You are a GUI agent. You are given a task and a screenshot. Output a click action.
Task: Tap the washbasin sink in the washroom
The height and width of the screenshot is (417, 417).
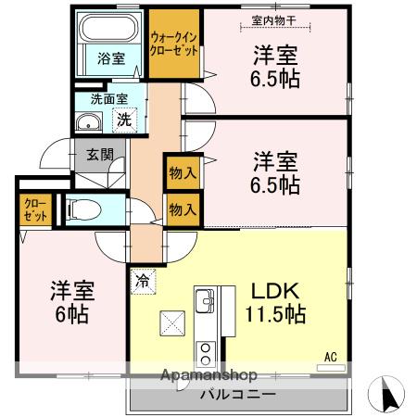pyautogui.click(x=90, y=121)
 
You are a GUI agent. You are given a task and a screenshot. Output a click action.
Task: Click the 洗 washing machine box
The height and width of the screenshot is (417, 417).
pyautogui.click(x=123, y=120)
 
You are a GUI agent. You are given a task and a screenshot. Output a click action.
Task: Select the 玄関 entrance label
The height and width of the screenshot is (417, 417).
pyautogui.click(x=101, y=155)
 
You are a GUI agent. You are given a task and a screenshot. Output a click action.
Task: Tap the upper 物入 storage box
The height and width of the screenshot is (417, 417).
pyautogui.click(x=183, y=173)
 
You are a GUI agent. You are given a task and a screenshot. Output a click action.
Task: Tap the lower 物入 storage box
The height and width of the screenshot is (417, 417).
pyautogui.click(x=183, y=209)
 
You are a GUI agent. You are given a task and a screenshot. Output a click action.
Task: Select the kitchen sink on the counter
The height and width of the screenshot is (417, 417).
pyautogui.click(x=205, y=301)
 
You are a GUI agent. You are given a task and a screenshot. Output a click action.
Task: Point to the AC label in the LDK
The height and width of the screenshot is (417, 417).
pyautogui.click(x=330, y=356)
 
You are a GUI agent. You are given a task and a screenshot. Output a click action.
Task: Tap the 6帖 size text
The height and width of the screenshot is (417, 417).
pyautogui.click(x=71, y=314)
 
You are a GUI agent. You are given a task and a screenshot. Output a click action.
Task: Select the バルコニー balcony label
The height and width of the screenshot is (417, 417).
pyautogui.click(x=237, y=394)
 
